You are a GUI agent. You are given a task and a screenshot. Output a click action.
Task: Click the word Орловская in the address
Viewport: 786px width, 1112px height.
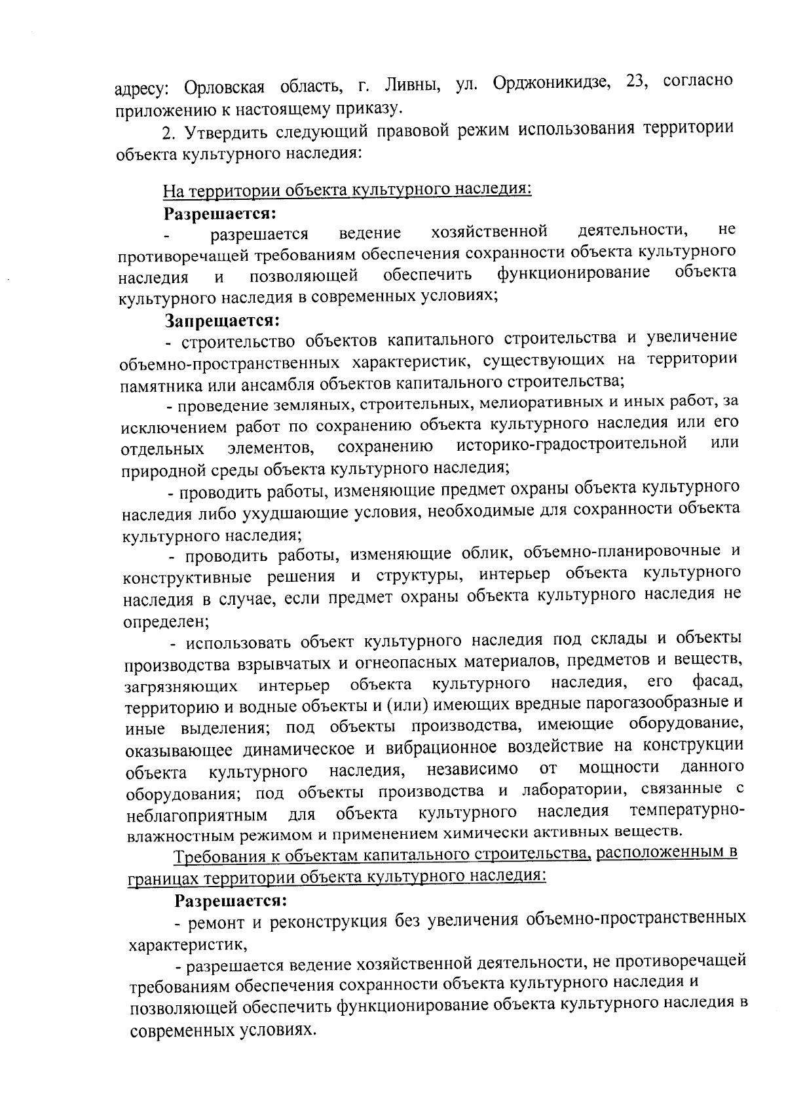click(223, 86)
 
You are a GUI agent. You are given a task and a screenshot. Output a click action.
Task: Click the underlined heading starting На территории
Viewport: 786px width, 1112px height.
click(346, 190)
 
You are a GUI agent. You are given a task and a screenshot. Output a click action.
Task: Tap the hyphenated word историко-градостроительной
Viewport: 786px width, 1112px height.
click(571, 444)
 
